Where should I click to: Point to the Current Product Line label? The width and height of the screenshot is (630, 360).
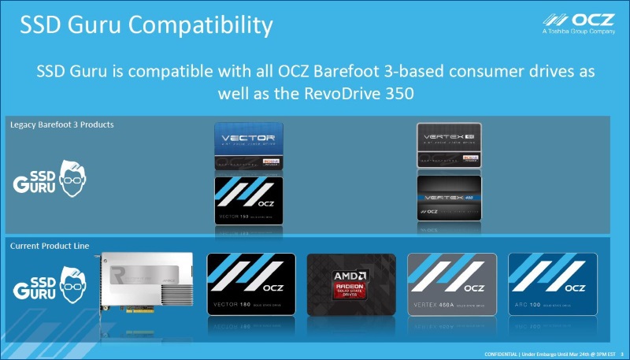click(x=49, y=246)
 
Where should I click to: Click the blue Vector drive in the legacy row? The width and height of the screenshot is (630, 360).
click(x=249, y=147)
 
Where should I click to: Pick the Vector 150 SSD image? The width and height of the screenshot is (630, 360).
click(x=249, y=201)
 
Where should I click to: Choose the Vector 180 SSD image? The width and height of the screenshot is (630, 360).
click(x=250, y=286)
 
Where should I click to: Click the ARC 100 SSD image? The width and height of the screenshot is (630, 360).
click(x=552, y=286)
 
